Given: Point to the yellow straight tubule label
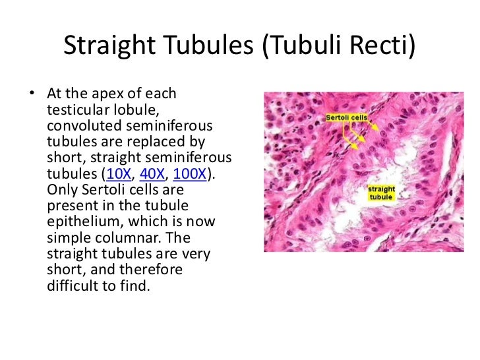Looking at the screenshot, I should pyautogui.click(x=381, y=193).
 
